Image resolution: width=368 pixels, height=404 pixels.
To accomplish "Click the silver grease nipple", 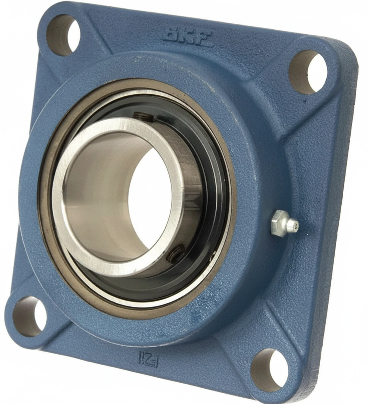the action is point(284,225).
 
